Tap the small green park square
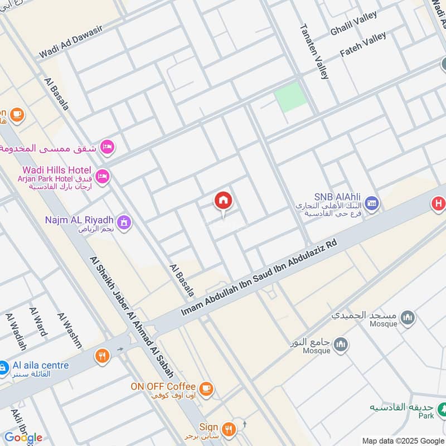point(290,96)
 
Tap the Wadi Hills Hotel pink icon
point(103,176)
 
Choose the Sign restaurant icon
point(227,428)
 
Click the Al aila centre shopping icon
point(5,367)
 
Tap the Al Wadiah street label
point(16,331)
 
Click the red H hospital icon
point(438,204)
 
